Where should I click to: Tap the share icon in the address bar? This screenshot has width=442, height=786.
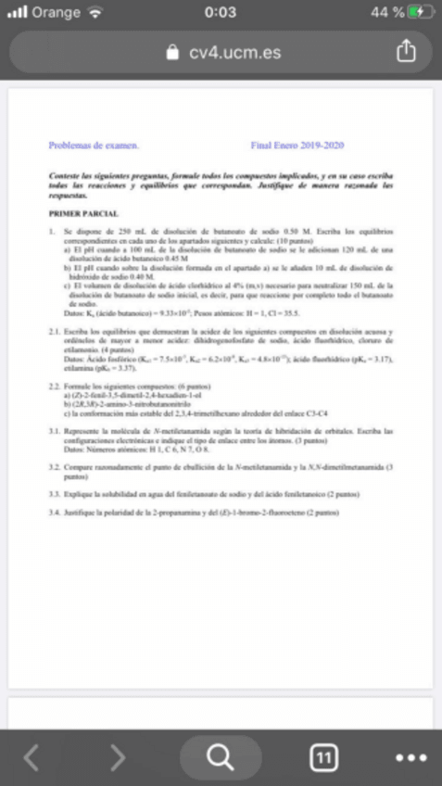click(407, 53)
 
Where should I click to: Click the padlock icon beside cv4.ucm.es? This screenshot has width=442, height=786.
click(173, 54)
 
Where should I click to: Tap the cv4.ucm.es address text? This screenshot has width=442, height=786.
click(234, 54)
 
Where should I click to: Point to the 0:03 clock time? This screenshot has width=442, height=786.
click(220, 12)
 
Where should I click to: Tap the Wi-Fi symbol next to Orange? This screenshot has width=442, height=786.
click(95, 12)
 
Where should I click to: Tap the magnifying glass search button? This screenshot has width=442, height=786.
click(220, 757)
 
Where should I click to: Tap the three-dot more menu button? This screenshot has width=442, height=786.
click(410, 758)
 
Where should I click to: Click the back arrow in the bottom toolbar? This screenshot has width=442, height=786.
click(32, 758)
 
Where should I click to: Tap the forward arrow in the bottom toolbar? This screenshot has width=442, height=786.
click(117, 758)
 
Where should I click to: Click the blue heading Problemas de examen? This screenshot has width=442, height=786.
click(94, 146)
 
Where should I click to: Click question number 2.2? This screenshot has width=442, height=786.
click(54, 384)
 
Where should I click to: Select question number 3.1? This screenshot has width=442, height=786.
click(54, 432)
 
